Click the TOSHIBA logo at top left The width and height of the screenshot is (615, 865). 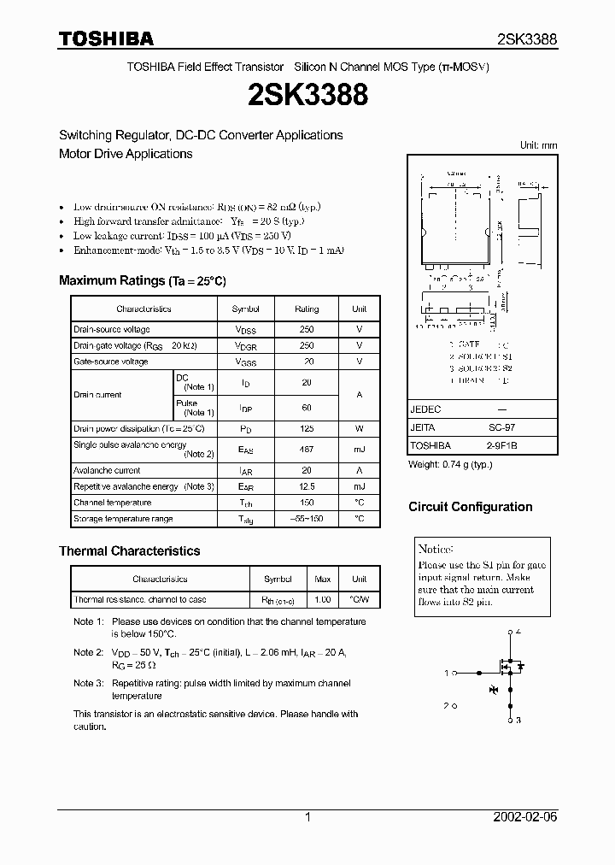coord(106,38)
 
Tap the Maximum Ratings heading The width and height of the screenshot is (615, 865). coord(142,280)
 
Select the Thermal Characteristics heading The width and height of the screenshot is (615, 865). coord(129,551)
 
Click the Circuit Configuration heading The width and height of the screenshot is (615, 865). coord(470,507)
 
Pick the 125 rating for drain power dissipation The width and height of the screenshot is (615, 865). coord(307,428)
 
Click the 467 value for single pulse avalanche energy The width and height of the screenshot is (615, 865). coord(307,449)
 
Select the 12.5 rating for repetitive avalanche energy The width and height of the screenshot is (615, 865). coord(307,486)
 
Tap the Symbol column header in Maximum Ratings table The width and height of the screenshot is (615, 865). coord(245,309)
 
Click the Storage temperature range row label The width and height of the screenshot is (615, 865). coord(123,519)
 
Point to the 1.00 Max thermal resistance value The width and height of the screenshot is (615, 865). coord(322,600)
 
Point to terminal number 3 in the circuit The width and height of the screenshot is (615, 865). coord(518,721)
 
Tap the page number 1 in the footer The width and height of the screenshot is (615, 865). coord(307,817)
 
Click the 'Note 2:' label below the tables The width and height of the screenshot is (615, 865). coord(88,652)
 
